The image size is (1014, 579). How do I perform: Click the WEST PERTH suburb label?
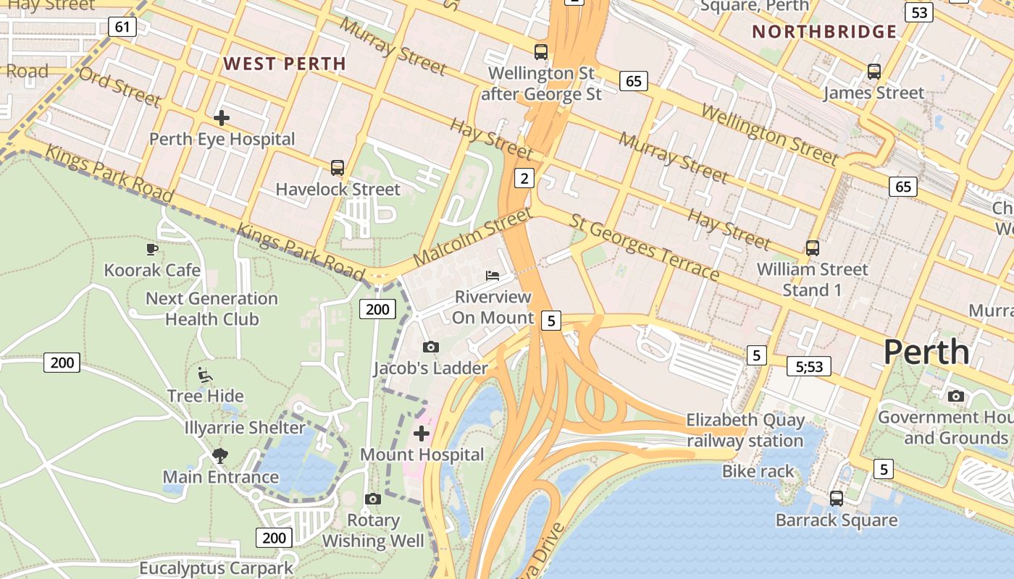coord(285,64)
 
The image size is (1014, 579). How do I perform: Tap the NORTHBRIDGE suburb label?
coord(824,32)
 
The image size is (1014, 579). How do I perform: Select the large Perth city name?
coord(926,352)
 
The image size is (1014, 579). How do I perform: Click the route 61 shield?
coord(122,28)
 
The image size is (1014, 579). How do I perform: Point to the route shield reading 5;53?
coord(809,366)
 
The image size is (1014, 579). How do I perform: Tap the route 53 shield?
coord(919,12)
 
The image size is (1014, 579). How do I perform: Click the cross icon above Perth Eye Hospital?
coord(222,117)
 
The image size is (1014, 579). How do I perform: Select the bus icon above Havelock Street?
coord(338,168)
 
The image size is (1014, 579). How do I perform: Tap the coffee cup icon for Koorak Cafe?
coord(151,250)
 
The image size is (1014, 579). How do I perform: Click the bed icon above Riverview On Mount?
coord(493,276)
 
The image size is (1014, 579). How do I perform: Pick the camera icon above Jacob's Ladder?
coord(431,347)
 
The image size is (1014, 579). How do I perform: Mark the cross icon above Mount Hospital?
coord(422,434)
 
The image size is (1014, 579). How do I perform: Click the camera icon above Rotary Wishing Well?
coord(373,499)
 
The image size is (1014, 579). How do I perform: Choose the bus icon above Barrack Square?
coord(837,499)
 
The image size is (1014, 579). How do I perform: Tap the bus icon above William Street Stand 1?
coord(813,248)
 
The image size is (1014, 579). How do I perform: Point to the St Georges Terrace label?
coord(645,248)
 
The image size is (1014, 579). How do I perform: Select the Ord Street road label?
coord(120,86)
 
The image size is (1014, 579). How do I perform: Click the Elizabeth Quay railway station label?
coord(745,431)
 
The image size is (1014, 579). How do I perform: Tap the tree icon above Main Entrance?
coord(220,456)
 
